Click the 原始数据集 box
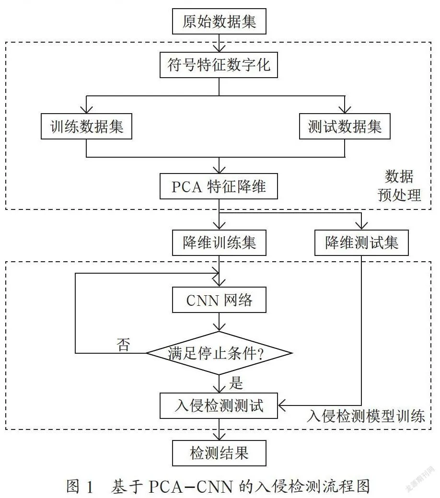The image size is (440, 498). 219,21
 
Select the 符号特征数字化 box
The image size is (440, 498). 219,65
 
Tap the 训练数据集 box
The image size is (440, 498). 86,126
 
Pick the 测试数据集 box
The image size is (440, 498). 345,126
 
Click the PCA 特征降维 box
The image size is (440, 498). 219,186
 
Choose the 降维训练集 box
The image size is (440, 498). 219,243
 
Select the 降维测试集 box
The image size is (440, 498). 361,243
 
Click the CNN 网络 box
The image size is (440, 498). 219,300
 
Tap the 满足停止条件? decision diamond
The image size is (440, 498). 219,353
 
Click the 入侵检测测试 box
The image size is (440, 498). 219,405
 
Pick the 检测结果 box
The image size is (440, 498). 219,453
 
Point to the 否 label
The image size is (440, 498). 123,345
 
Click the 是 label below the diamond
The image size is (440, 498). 236,383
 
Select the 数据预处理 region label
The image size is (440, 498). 399,185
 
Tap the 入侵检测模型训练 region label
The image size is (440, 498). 366,416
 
